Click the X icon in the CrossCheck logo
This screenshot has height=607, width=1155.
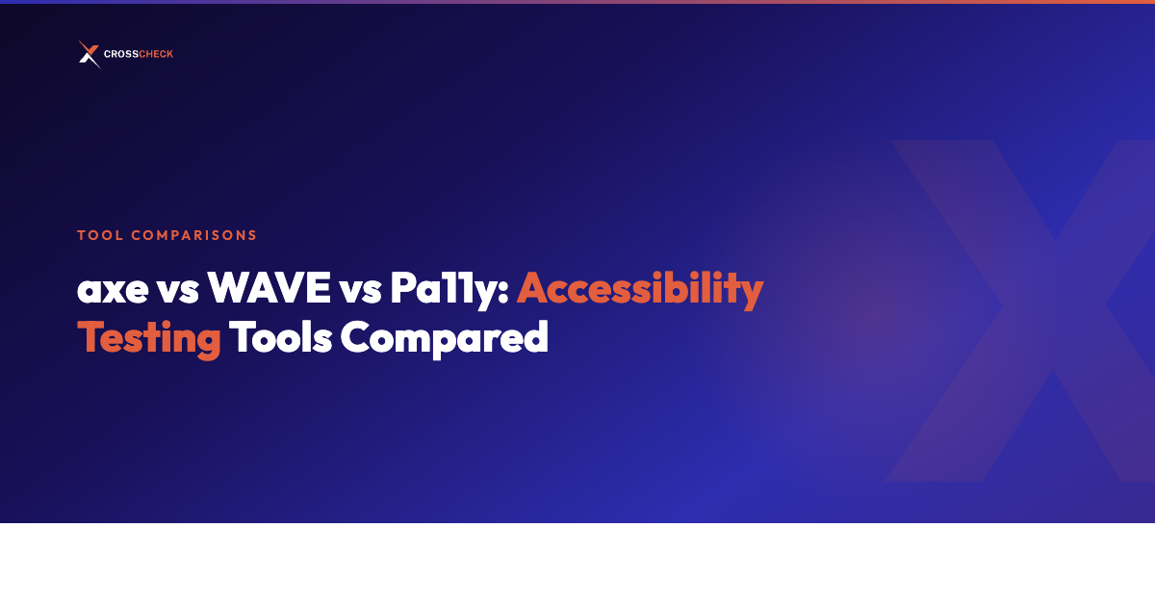point(89,55)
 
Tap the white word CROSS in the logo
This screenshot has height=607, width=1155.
point(120,55)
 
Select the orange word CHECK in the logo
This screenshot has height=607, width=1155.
point(156,55)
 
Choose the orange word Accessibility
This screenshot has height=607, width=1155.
point(640,288)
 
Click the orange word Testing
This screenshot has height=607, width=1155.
point(149,339)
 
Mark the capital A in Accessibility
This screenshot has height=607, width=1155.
point(534,288)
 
